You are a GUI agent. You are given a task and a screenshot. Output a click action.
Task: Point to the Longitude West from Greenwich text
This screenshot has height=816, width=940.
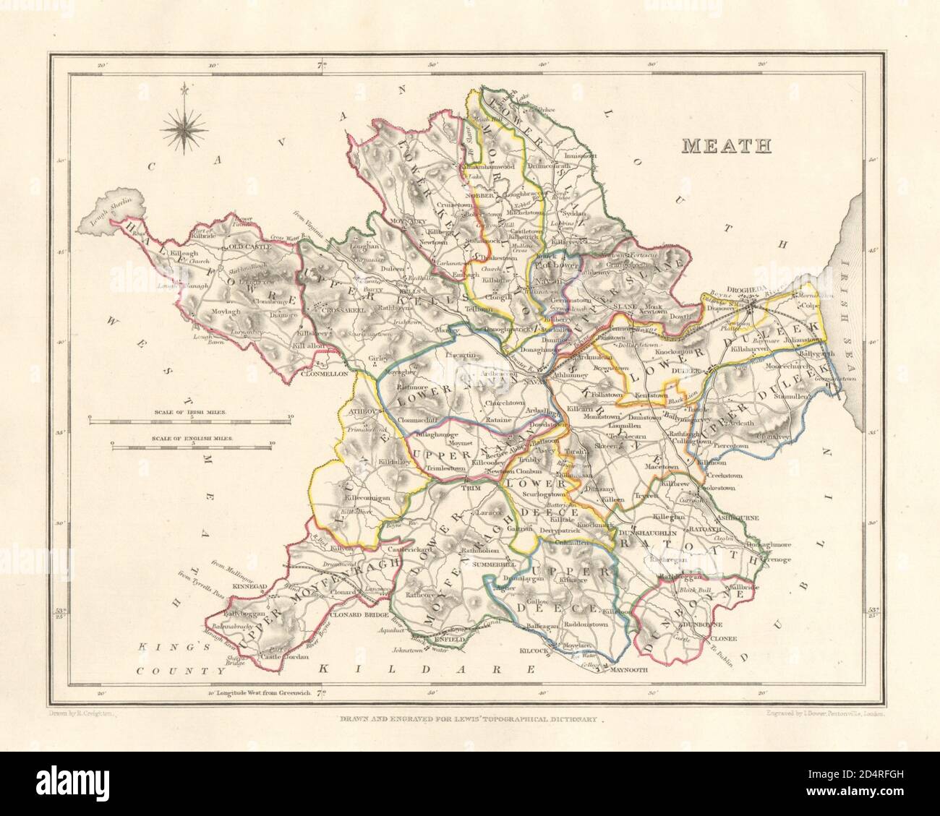click(258, 692)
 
